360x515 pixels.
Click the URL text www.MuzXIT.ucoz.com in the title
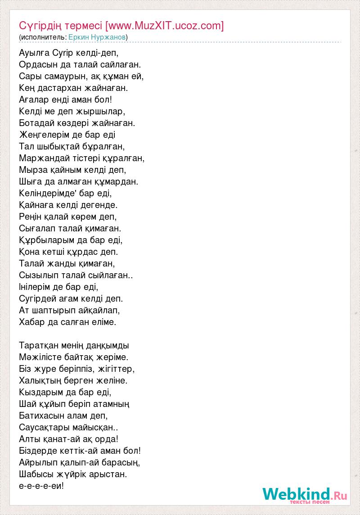[163, 26]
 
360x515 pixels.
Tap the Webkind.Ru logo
[305, 495]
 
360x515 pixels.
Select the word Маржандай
[41, 158]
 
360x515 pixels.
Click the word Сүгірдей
[39, 298]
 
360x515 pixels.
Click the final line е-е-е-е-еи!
[42, 486]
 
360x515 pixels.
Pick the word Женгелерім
[45, 135]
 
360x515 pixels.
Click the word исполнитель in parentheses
[43, 37]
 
